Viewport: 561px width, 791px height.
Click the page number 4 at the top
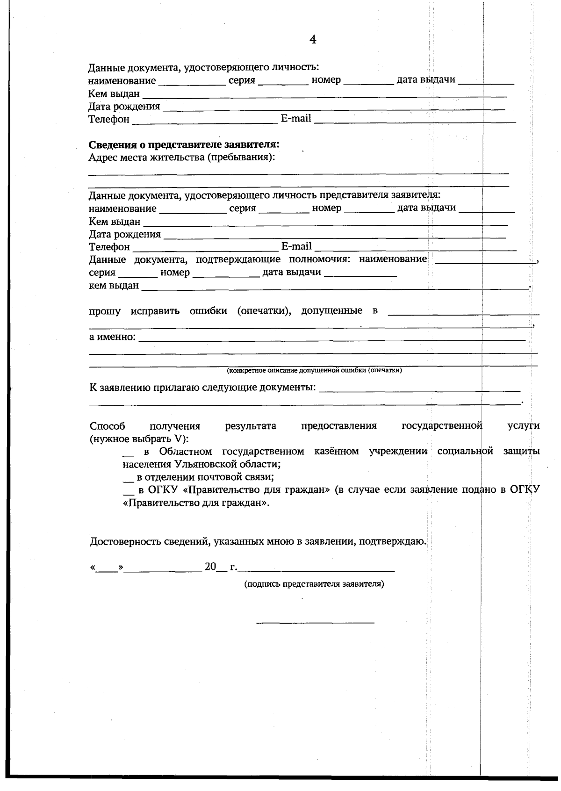click(x=313, y=40)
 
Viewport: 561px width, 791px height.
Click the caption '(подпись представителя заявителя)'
click(x=314, y=584)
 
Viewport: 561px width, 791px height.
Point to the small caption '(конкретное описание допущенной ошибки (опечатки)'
click(x=314, y=371)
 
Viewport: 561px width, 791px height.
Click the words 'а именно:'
click(x=112, y=337)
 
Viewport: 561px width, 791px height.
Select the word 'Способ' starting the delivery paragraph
click(x=107, y=426)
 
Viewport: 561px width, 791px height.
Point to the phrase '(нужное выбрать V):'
click(x=139, y=439)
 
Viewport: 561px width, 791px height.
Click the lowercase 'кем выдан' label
click(x=114, y=285)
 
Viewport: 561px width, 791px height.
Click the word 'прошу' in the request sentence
click(x=105, y=311)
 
